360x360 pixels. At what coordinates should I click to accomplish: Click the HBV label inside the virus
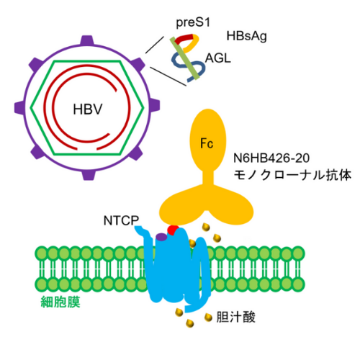88,109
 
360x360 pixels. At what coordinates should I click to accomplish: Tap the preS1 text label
193,22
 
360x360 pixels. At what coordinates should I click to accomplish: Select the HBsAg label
246,36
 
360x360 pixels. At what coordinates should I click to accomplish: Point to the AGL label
218,58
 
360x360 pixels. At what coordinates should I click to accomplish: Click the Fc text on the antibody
207,143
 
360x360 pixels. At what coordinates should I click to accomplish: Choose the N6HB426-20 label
271,158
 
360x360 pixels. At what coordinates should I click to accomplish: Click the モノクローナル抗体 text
292,175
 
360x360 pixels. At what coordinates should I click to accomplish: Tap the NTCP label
121,220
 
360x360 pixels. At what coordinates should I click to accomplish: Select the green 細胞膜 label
60,302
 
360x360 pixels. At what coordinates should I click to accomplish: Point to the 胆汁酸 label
236,317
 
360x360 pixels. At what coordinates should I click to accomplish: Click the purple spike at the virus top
87,40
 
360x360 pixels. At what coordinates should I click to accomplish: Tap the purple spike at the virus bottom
89,175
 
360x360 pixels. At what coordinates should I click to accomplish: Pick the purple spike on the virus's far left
19,108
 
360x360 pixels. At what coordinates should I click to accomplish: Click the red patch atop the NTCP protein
173,230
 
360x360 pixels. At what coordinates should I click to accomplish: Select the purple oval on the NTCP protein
161,237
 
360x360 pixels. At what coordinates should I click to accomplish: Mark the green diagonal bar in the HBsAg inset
184,58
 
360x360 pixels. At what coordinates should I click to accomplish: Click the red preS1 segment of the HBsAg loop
184,39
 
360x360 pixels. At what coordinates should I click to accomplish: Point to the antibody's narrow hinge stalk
208,177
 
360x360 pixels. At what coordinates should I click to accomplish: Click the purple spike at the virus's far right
155,106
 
